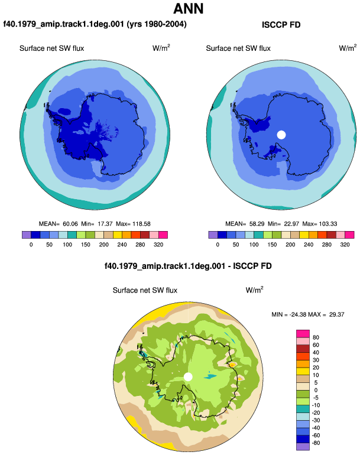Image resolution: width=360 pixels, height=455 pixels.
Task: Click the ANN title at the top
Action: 188,9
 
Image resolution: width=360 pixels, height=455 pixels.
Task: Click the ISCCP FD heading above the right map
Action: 281,25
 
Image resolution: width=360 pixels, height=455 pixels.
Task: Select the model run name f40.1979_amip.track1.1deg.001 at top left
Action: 64,24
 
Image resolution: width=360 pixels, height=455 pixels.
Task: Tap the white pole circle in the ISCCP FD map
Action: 281,135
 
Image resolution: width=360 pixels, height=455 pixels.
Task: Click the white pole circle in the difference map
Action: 188,376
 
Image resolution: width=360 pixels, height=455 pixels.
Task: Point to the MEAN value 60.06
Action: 70,224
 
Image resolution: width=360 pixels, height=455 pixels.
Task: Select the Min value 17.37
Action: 105,224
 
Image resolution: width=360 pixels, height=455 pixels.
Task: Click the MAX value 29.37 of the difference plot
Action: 337,314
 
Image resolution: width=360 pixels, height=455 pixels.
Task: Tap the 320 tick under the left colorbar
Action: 158,245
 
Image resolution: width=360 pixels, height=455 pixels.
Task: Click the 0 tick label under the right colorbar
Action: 218,245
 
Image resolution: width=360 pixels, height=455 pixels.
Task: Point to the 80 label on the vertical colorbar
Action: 316,337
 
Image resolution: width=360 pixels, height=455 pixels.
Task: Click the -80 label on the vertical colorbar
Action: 316,443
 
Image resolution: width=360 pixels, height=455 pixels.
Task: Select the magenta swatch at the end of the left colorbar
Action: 163,235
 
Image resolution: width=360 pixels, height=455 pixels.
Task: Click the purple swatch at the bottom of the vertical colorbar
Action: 303,447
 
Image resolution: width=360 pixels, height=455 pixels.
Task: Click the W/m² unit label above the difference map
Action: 254,290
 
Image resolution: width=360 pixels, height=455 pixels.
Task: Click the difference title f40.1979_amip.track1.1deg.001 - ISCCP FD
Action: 188,266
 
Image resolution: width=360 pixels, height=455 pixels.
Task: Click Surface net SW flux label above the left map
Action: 51,48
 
